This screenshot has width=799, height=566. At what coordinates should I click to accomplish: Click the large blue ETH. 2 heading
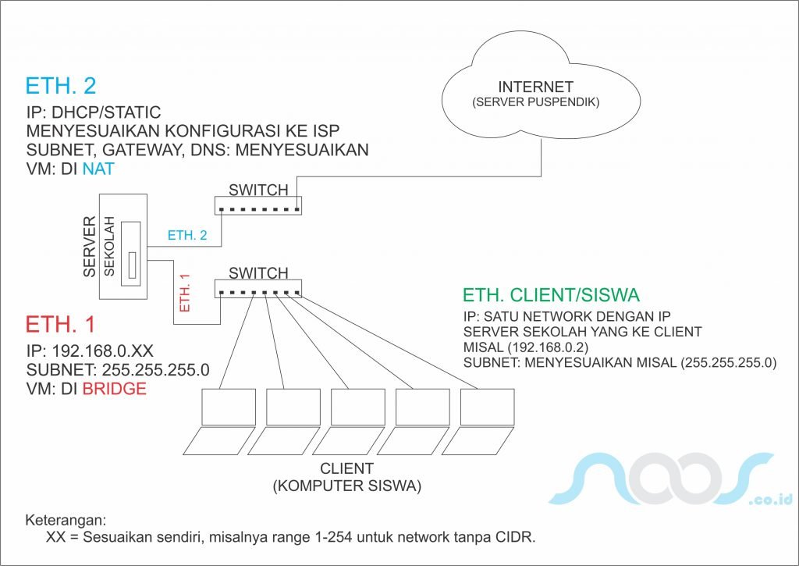pyautogui.click(x=61, y=87)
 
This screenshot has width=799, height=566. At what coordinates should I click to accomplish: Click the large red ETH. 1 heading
pyautogui.click(x=61, y=325)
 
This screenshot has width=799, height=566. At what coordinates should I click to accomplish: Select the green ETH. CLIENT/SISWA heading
pyautogui.click(x=551, y=295)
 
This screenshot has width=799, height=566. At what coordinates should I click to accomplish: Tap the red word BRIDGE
pyautogui.click(x=115, y=389)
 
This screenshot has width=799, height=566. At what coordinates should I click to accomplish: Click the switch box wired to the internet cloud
pyautogui.click(x=258, y=205)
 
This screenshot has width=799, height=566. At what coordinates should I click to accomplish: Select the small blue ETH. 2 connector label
pyautogui.click(x=187, y=235)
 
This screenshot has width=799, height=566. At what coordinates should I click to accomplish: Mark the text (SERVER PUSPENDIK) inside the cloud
pyautogui.click(x=536, y=103)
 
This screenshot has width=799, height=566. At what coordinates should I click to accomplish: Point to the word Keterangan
pyautogui.click(x=66, y=521)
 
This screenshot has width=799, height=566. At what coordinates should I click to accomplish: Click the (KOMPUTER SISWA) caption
pyautogui.click(x=347, y=486)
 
